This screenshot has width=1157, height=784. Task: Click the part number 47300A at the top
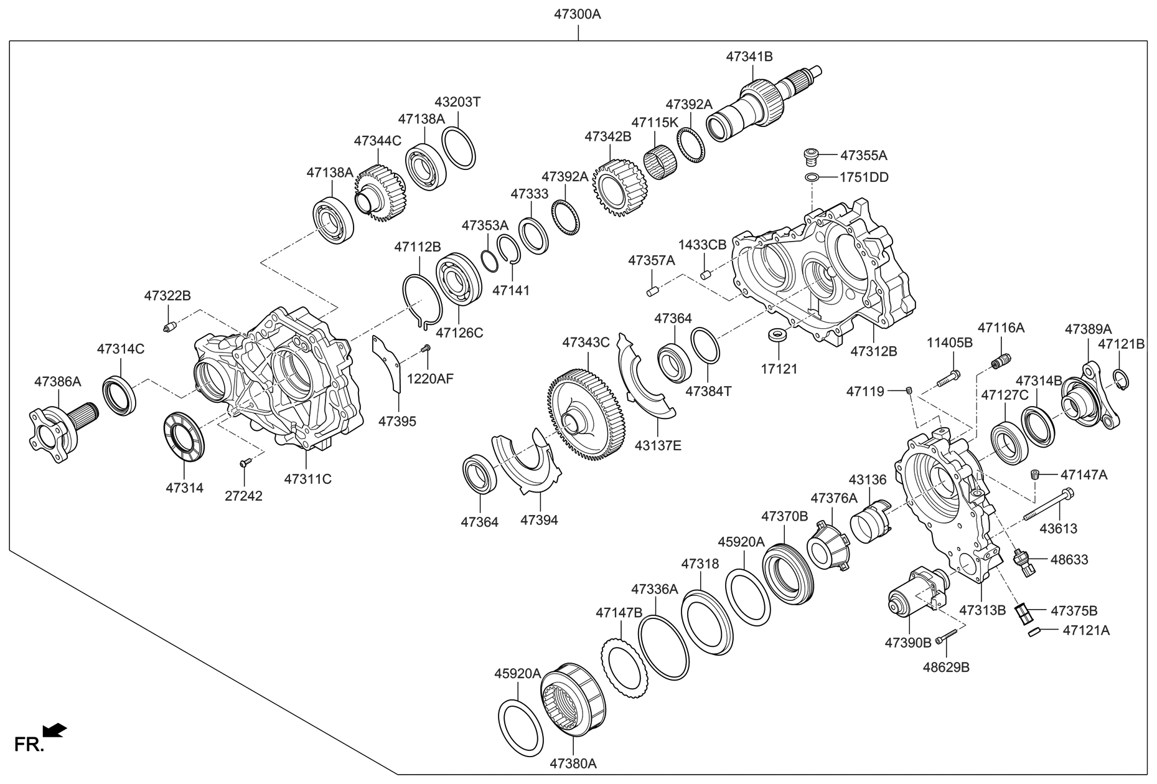[x=578, y=14]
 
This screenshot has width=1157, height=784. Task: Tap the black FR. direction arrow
[x=55, y=730]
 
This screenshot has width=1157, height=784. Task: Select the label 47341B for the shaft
[x=749, y=56]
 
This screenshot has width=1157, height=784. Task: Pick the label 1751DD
[x=864, y=177]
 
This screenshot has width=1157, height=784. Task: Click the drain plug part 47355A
[x=810, y=154]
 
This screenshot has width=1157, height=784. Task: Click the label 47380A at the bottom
[x=573, y=763]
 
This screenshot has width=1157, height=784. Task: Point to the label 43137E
[x=658, y=445]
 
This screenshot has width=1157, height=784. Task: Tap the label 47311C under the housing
[x=307, y=479]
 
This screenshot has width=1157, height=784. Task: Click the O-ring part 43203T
[x=459, y=148]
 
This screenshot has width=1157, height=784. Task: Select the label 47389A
[x=1087, y=328]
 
